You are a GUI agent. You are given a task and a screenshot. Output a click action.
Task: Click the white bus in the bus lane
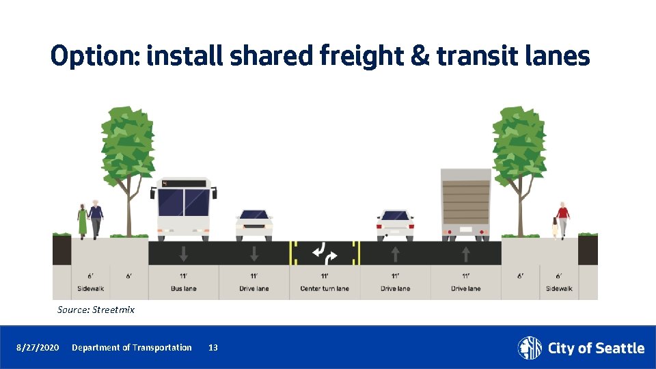pos(184,209)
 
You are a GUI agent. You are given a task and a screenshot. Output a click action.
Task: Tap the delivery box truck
pos(466,204)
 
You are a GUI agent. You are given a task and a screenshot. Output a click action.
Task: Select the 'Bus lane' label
pos(184,288)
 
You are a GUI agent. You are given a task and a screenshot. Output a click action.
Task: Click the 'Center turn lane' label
pos(325,288)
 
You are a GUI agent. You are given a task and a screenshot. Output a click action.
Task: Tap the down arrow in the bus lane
pos(184,254)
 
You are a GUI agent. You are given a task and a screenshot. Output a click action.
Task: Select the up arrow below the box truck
pos(466,254)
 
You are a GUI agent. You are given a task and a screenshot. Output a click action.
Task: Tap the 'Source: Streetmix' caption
pos(96,310)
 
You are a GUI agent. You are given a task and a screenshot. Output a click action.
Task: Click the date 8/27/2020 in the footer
pos(38,348)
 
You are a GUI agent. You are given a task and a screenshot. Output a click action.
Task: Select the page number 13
pos(213,348)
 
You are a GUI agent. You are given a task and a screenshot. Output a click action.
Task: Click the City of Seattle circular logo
pos(530,348)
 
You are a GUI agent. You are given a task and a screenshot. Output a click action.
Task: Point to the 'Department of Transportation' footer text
pos(132,348)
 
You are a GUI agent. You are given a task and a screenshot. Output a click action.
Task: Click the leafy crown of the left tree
pos(127,143)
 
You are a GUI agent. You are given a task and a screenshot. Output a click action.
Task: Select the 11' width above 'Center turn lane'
pos(325,276)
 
